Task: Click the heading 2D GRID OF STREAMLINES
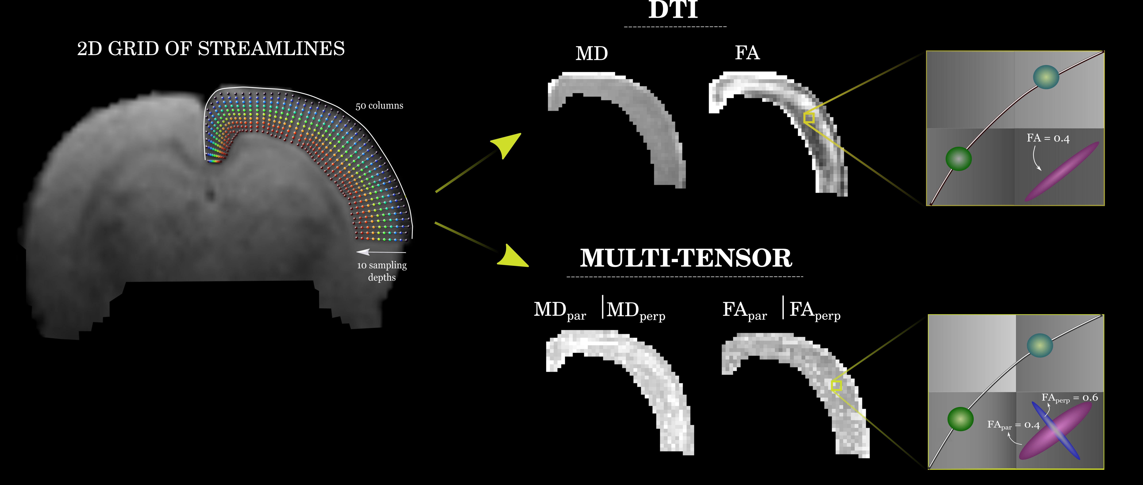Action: point(211,49)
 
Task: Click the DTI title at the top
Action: point(673,10)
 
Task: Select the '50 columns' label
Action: point(379,106)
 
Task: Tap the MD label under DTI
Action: point(592,54)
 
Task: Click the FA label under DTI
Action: point(747,53)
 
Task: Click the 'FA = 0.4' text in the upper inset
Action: point(1048,138)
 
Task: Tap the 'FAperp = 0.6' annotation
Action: point(1069,398)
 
